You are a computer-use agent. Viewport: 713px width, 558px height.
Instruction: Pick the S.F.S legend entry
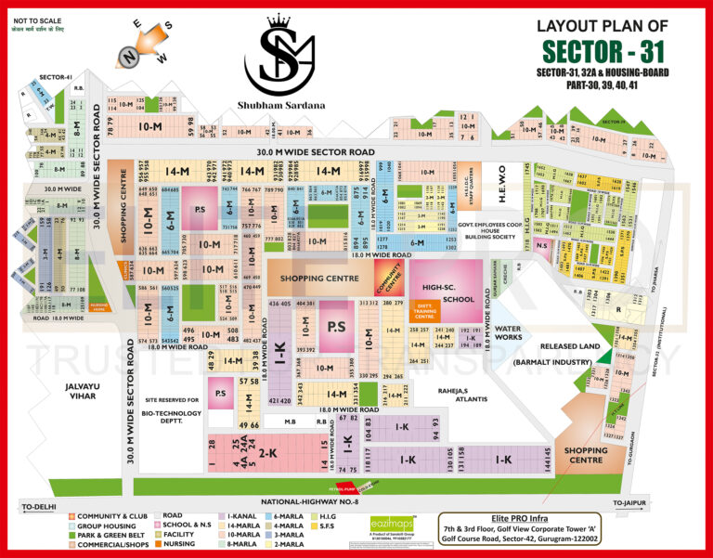tap(333, 526)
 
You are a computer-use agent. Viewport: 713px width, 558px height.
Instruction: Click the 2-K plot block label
tap(268, 453)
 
